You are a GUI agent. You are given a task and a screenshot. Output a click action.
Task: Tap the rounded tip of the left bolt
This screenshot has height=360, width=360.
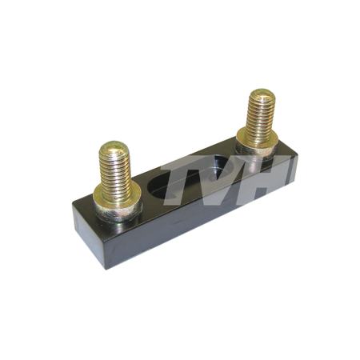(x=114, y=147)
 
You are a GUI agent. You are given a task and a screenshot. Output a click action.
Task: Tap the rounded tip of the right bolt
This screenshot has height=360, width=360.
(x=262, y=94)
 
